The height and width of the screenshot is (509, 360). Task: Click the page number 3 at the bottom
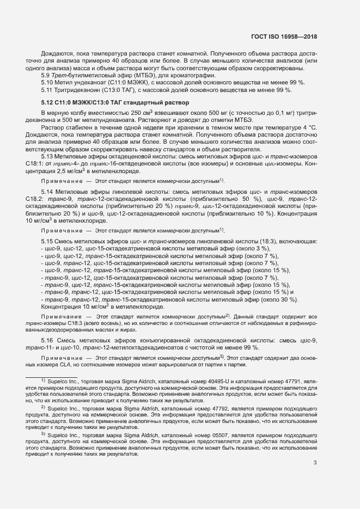coord(315,447)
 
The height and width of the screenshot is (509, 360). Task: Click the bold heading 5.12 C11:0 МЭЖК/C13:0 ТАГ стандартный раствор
coord(115,103)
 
